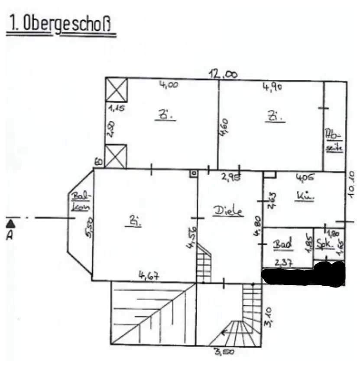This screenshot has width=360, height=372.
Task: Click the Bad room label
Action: (282, 244)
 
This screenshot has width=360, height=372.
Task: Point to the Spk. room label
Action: (324, 244)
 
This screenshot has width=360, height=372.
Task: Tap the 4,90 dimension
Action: (272, 87)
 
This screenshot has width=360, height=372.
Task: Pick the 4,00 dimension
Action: (169, 85)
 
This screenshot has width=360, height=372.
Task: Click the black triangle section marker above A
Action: (11, 224)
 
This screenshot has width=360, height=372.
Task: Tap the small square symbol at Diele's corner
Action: (193, 173)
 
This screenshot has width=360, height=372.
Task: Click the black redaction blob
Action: (303, 276)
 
